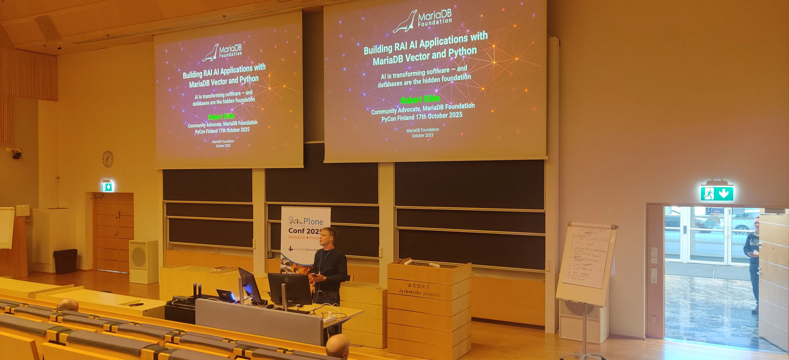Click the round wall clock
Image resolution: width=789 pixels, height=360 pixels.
click(x=108, y=159)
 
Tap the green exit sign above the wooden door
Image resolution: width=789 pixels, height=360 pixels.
click(x=107, y=186)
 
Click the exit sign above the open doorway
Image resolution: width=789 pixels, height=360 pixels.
click(x=717, y=194)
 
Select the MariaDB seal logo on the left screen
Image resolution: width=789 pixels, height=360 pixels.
click(x=211, y=53)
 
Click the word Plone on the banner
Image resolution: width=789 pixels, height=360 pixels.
click(x=313, y=221)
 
